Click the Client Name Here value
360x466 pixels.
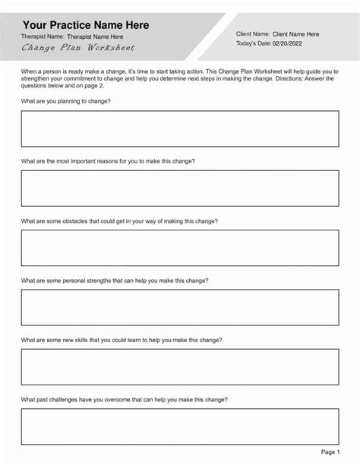pos(295,33)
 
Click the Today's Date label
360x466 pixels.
pos(254,45)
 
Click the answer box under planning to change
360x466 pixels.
pos(180,128)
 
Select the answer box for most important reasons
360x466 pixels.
pos(180,187)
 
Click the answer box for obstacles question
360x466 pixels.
pos(180,246)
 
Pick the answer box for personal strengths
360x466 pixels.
pos(180,306)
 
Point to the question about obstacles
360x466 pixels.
pos(119,220)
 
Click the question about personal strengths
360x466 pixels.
pos(115,280)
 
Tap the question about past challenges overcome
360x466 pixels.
pos(124,399)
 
